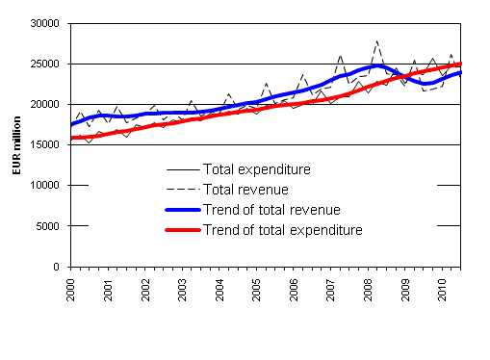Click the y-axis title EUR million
(15, 145)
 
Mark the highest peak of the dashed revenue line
(376, 41)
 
